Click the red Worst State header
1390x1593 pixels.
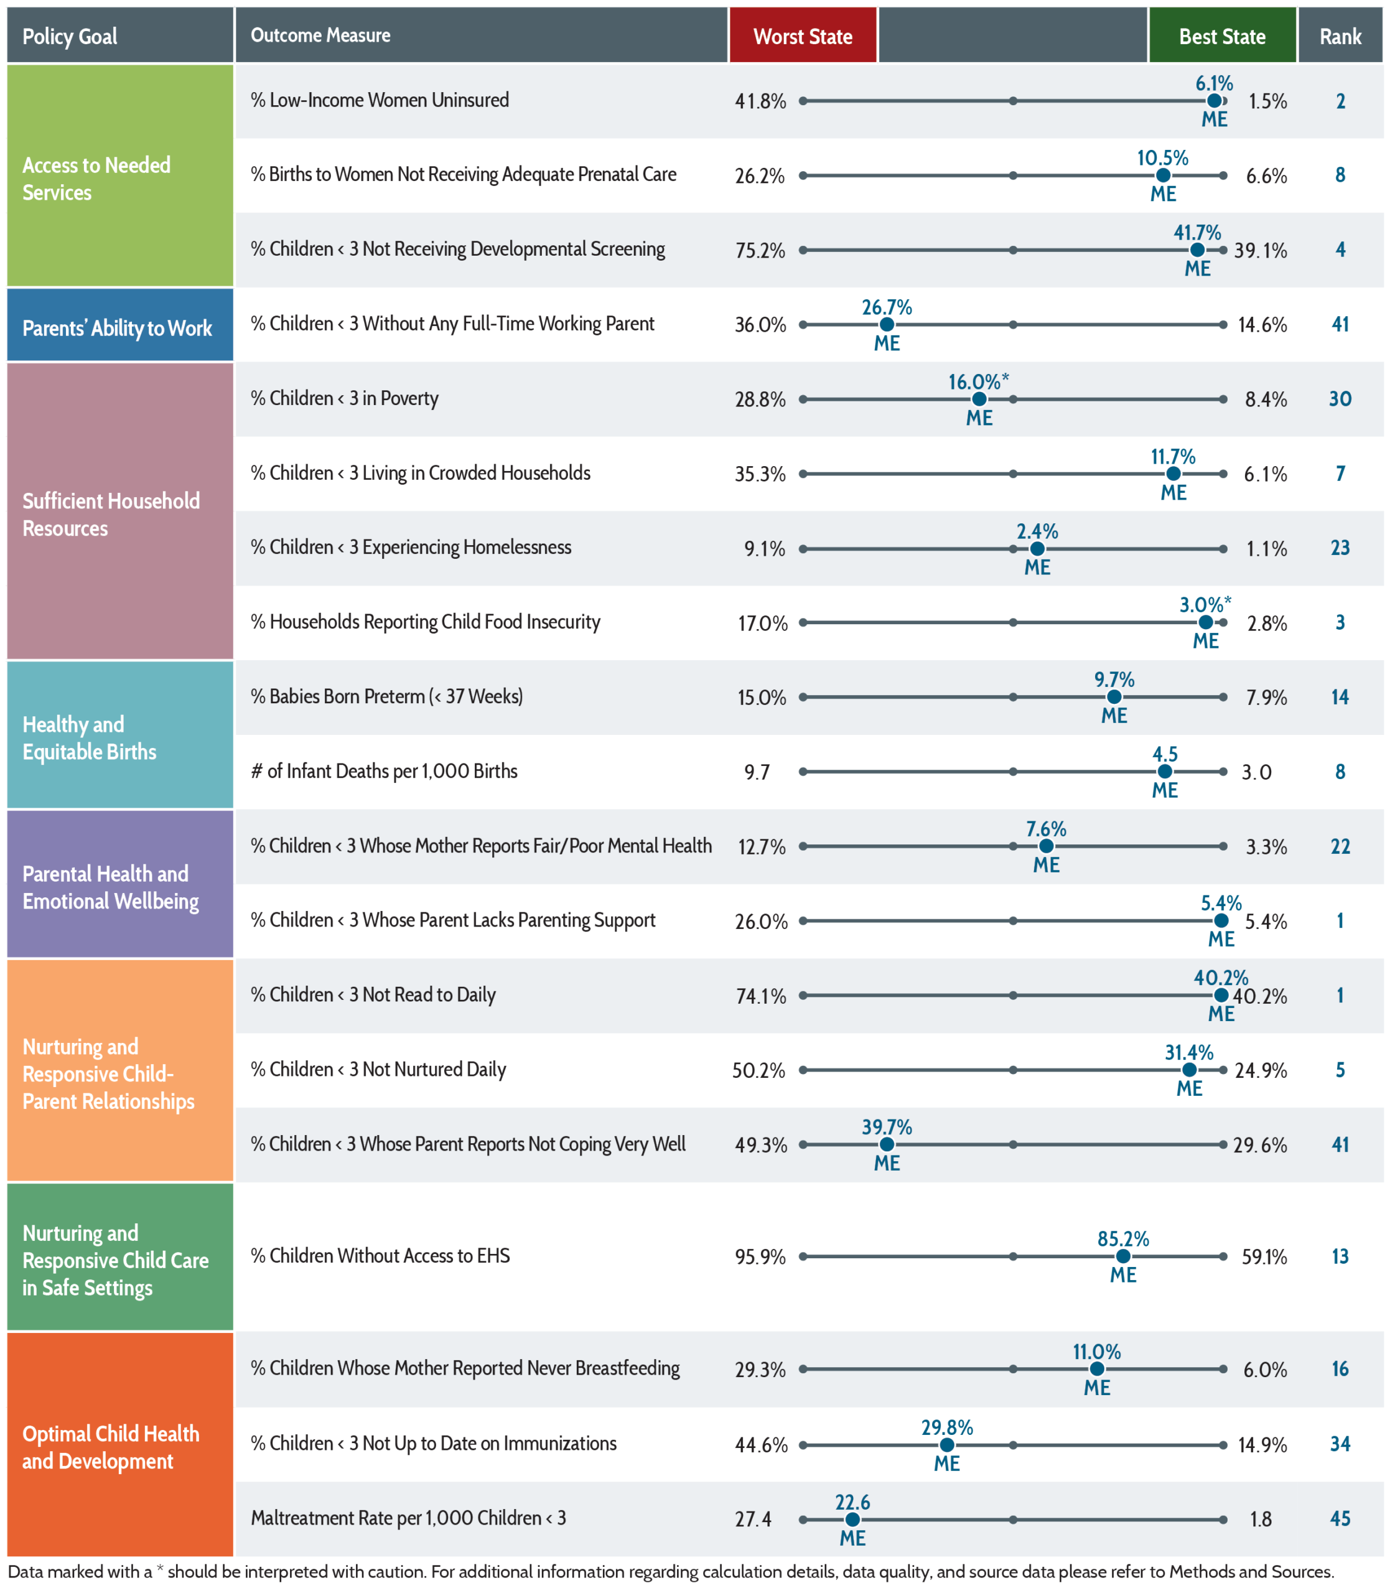click(803, 35)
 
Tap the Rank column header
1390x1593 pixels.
click(1340, 35)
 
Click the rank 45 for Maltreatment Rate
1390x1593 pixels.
click(1340, 1518)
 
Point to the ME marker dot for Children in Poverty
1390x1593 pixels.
click(980, 399)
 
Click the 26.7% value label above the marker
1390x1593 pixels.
click(887, 307)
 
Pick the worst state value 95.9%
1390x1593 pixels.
click(760, 1256)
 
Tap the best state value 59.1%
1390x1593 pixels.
click(1264, 1256)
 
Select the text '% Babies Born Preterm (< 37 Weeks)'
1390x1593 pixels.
click(386, 696)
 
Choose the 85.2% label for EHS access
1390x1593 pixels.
click(1123, 1238)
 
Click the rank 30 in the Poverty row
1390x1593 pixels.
click(1340, 399)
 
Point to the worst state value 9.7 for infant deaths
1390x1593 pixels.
click(757, 772)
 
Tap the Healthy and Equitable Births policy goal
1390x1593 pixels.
click(89, 737)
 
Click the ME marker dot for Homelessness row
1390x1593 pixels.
click(1037, 548)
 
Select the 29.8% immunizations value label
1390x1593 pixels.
click(947, 1427)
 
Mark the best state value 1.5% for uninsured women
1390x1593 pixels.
click(1267, 101)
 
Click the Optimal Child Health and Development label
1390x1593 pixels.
click(111, 1447)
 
